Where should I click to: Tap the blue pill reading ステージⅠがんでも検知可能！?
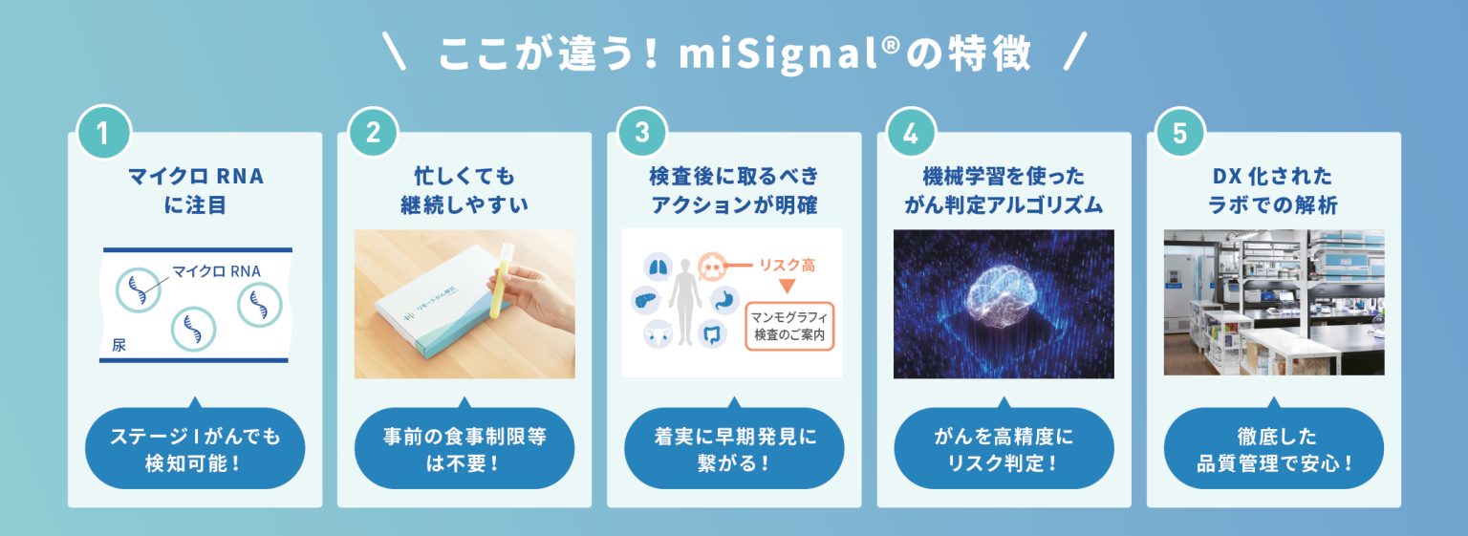pos(195,449)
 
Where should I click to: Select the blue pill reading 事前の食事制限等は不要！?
pos(464,449)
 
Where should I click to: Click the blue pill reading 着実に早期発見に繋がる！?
pos(734,449)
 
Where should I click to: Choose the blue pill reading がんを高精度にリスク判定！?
pos(1004,449)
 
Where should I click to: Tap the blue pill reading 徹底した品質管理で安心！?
pos(1273,449)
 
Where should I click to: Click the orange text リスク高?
pos(787,265)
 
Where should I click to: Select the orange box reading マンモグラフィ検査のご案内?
pos(788,326)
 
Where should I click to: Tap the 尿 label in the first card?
pos(119,345)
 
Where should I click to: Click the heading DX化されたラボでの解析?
pos(1273,190)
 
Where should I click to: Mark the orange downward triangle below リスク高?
pos(788,286)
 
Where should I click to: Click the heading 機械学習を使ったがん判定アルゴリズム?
pos(1004,190)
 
